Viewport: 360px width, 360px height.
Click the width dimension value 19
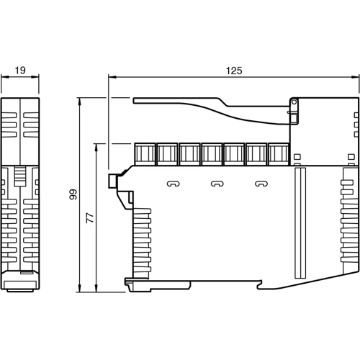[x=20, y=71]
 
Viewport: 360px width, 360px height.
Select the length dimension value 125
[x=234, y=71]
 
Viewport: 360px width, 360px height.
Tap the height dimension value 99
[x=73, y=194]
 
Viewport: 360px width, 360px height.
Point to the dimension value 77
[x=90, y=217]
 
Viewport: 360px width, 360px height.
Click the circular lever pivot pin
[x=294, y=102]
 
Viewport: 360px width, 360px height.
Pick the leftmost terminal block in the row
[x=145, y=154]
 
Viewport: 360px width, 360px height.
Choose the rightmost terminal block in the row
[x=279, y=154]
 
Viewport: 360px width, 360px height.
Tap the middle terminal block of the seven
[x=212, y=154]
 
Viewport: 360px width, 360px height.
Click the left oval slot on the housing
[x=174, y=184]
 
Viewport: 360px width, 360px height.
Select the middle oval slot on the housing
[x=217, y=184]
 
